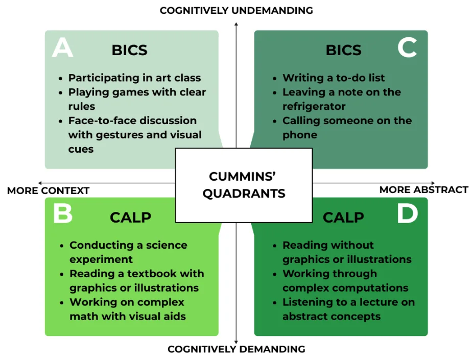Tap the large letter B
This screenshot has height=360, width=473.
pos(63,214)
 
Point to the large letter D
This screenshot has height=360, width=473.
pos(408,214)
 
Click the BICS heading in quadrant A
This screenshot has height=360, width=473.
pos(129,50)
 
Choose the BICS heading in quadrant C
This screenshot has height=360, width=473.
pos(343,50)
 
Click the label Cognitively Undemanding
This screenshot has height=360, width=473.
pos(236,10)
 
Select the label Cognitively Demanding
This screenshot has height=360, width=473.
pos(236,349)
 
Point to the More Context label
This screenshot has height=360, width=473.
pos(49,190)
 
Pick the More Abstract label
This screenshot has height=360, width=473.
pos(423,189)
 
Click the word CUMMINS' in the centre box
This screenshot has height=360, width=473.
pos(243,177)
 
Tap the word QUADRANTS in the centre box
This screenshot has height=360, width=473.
pos(244,194)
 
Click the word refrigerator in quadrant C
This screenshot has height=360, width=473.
pos(314,106)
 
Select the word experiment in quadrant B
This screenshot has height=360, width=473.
pos(101,259)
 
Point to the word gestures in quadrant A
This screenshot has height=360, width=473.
pos(141,135)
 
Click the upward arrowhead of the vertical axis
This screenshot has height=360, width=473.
pos(236,23)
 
